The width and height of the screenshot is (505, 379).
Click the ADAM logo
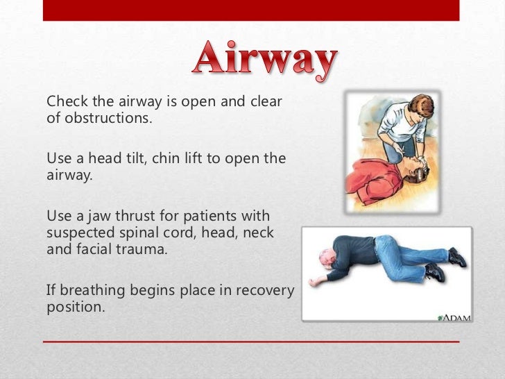(x=454, y=317)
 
